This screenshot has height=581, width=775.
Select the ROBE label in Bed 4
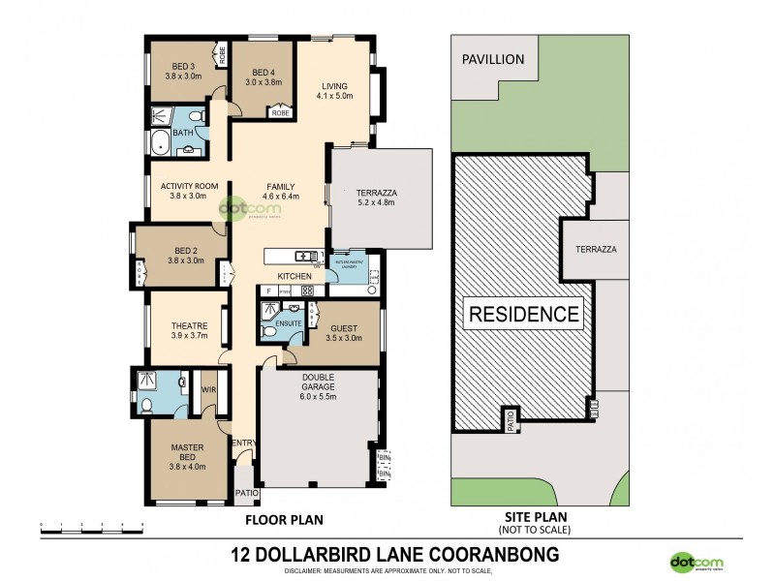click(x=281, y=113)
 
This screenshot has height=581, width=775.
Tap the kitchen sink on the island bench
click(x=308, y=256)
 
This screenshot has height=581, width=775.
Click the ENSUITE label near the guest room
click(x=289, y=322)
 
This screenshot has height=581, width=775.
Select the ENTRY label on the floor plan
click(x=244, y=443)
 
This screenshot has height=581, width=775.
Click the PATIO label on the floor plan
click(x=246, y=493)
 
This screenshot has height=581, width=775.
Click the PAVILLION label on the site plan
click(x=492, y=59)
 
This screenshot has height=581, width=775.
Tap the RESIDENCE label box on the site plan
click(x=524, y=314)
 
